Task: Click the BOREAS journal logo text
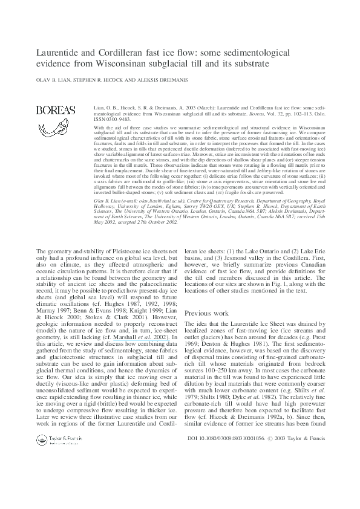point(56,110)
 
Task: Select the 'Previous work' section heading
point(206,313)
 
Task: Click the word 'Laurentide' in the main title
point(59,53)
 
